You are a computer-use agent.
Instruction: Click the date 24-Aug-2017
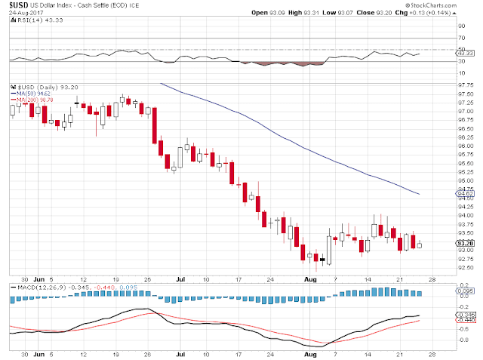point(23,13)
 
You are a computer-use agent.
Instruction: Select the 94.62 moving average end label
point(465,194)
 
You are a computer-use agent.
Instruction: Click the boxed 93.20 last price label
point(465,243)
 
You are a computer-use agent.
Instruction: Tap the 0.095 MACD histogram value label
point(466,291)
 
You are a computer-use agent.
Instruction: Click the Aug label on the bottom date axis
point(308,352)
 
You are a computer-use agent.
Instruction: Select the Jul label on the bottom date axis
point(180,352)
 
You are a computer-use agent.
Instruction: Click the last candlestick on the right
point(420,243)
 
